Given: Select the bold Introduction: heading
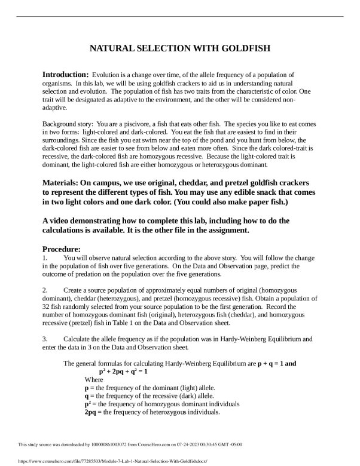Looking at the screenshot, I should (x=65, y=74).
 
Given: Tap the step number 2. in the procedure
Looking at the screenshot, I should (x=45, y=290).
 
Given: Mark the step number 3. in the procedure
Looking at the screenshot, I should (x=45, y=339).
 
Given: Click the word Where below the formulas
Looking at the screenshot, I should (x=94, y=379).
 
